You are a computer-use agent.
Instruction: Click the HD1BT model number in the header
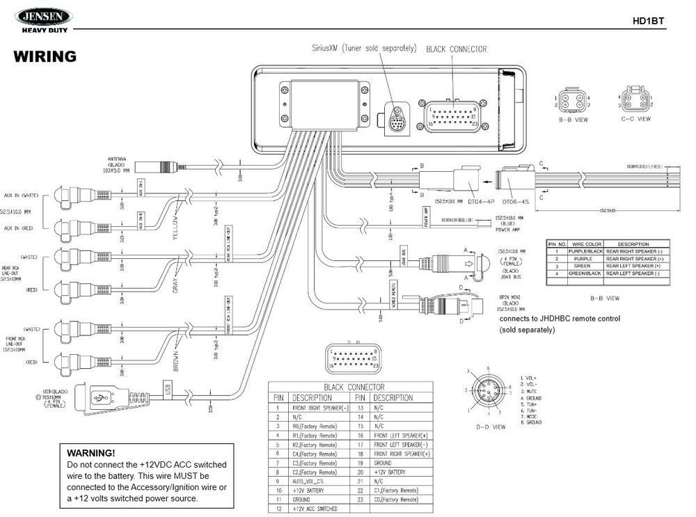tap(648, 21)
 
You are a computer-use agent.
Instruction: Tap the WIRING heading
tap(45, 56)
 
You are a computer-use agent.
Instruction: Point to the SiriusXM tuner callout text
tap(364, 49)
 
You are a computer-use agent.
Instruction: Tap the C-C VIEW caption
tap(635, 119)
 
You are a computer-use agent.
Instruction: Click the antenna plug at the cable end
tap(158, 167)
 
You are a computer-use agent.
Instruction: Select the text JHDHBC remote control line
tap(560, 319)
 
